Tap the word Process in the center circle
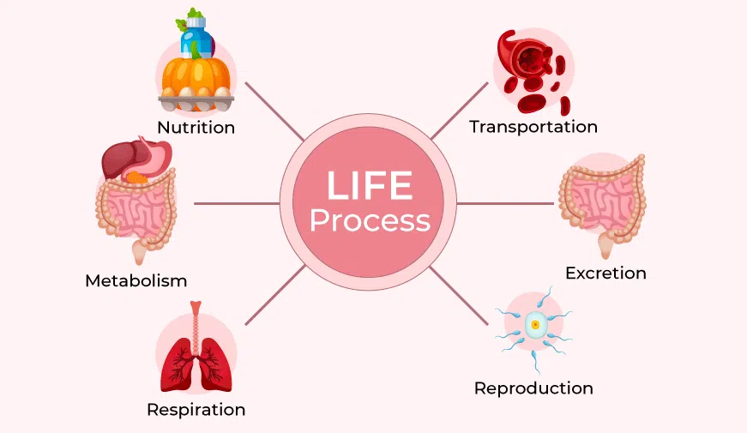[370, 220]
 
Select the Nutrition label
[196, 128]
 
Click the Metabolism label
[136, 280]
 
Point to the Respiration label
[196, 409]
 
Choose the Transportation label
[533, 127]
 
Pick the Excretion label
[605, 274]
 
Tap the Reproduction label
[533, 388]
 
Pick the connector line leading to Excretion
[506, 203]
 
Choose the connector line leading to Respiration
[274, 295]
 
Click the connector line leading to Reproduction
[460, 296]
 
